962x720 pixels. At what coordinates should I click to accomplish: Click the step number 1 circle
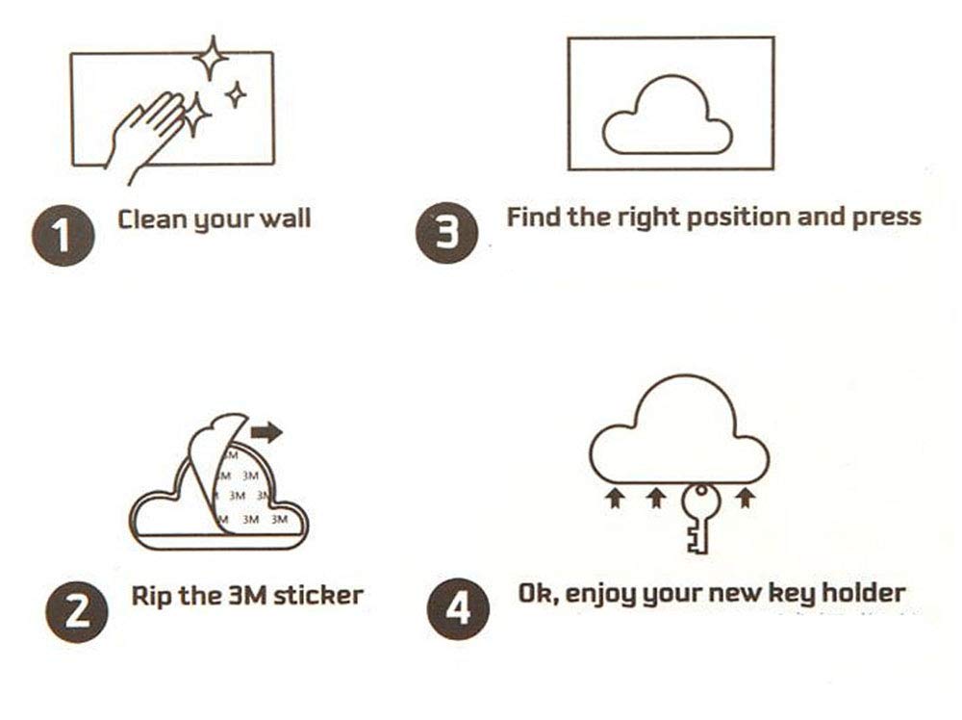(63, 236)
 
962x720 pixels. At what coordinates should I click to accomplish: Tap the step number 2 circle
(77, 612)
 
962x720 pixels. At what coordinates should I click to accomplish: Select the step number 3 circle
(446, 233)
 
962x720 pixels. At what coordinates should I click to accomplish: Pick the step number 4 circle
(458, 609)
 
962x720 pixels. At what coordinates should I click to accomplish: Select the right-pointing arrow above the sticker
(266, 432)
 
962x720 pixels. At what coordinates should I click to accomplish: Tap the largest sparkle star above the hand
(212, 59)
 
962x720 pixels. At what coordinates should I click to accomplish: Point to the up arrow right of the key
(746, 498)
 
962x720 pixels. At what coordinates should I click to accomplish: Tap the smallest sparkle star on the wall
(235, 95)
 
